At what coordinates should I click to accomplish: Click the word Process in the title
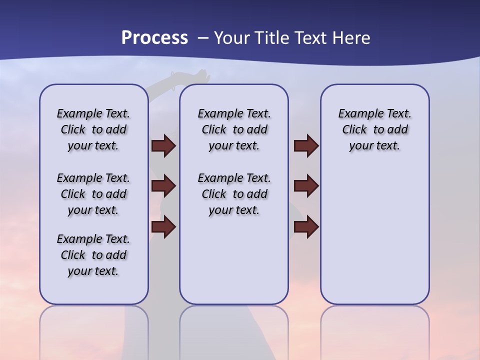point(154,38)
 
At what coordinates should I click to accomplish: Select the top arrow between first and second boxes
point(163,145)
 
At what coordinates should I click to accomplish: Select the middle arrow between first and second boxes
point(163,186)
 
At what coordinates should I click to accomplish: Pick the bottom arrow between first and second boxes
point(163,227)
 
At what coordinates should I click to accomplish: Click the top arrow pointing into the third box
point(306,145)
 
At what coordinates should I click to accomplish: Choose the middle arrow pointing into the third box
point(306,186)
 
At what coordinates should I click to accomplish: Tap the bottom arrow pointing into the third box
point(306,227)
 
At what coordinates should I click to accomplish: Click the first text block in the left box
point(93,129)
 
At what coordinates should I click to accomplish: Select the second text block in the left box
point(93,194)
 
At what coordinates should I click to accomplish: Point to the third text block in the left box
point(93,255)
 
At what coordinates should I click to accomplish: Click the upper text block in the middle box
point(234,129)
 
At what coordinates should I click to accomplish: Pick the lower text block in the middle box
point(234,194)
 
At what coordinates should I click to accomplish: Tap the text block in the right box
point(374,129)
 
